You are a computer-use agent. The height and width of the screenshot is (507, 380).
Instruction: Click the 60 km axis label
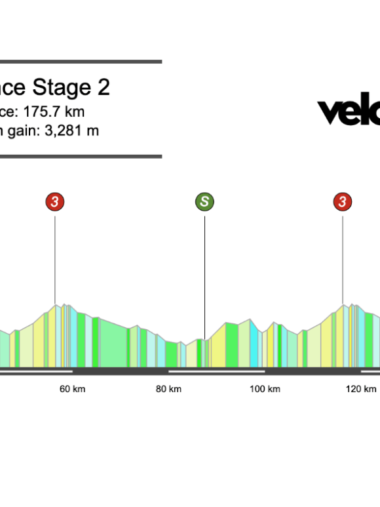pos(72,389)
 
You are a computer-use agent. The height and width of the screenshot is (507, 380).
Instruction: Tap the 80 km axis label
pos(168,389)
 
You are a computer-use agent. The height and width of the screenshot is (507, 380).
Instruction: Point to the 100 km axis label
pos(265,389)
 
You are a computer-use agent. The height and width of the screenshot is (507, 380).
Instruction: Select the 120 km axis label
pos(361,389)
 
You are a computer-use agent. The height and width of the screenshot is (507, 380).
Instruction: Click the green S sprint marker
pos(204,202)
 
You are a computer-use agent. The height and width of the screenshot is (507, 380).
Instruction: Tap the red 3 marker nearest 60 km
pos(55,202)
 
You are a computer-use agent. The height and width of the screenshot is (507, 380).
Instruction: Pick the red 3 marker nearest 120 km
pos(342,202)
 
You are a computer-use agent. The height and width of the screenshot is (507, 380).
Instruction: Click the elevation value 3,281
pos(61,131)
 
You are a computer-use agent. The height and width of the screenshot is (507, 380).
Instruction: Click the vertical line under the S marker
pos(204,275)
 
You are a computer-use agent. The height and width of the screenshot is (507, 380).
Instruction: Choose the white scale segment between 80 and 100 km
pos(216,371)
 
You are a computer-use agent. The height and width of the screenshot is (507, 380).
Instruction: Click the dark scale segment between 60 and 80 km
pos(121,371)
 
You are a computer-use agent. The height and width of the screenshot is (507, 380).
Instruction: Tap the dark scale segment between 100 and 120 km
pos(313,371)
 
